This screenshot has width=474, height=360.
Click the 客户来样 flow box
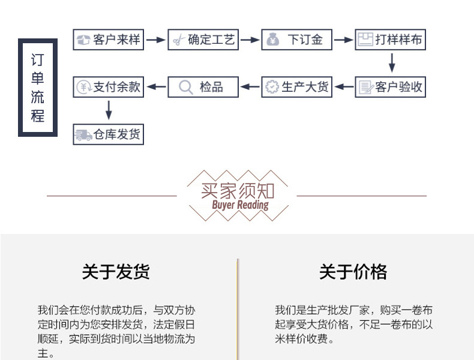109,40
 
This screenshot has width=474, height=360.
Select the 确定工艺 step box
203,40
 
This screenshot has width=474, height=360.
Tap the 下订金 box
296,40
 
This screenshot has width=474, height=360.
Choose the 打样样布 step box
390,40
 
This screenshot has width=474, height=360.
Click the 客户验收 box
390,87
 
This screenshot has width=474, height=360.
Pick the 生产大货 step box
296,87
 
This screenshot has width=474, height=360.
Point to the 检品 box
203,87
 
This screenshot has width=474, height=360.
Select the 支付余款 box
109,87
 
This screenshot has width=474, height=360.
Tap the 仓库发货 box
109,134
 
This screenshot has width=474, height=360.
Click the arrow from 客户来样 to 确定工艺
156,40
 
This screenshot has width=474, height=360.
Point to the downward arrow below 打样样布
392,63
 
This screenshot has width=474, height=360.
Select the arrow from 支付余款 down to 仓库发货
109,110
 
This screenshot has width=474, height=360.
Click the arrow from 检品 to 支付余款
156,87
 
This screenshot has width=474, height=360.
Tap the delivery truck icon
83,135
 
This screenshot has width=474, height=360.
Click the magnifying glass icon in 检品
186,88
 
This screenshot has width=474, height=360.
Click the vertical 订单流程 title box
37,88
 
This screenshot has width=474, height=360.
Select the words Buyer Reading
241,205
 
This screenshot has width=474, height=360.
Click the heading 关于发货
116,272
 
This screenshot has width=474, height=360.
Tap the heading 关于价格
353,272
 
